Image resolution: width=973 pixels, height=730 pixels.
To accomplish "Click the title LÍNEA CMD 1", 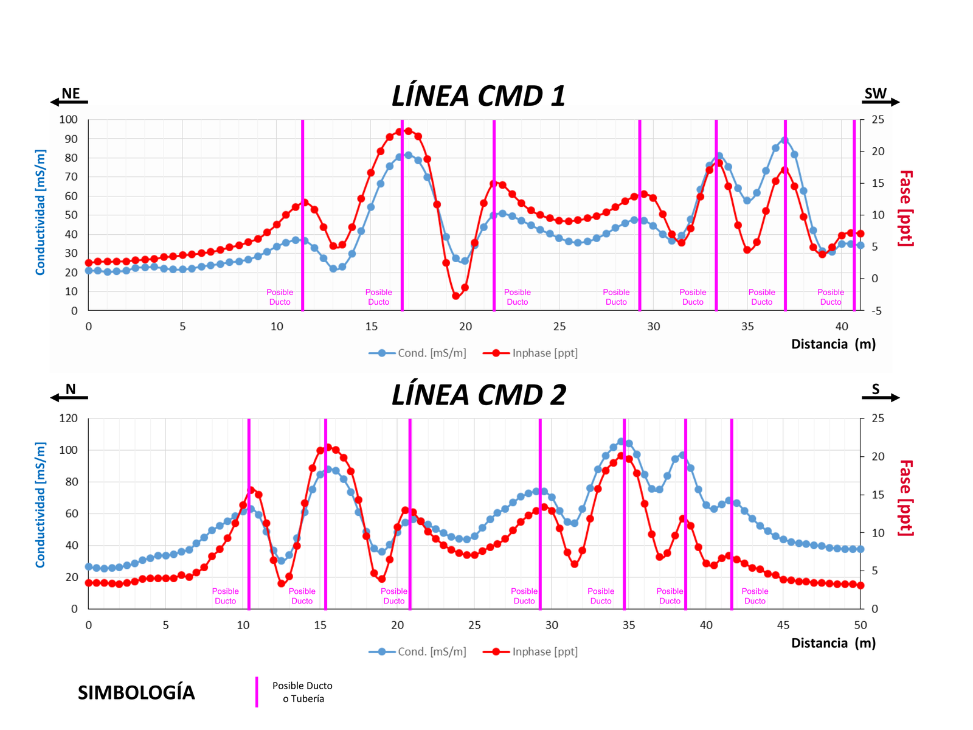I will pos(479,96).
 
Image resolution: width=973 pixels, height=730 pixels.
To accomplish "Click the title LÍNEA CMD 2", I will pos(479,395).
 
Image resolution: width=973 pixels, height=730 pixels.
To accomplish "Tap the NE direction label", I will pos(71,93).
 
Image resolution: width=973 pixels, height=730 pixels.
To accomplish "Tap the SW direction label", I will pos(875,93).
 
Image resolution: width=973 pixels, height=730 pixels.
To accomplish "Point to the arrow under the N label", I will pos(69,398).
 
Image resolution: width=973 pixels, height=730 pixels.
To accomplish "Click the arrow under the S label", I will pos(881,398).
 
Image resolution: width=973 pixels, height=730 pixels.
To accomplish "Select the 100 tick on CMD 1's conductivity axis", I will pos(68,120).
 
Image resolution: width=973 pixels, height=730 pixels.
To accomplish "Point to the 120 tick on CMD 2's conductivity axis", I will pos(68,419).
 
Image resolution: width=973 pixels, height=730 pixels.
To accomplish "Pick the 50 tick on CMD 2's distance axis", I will pos(860,625).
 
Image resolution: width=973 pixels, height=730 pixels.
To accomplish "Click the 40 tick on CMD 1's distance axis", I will pos(842,327).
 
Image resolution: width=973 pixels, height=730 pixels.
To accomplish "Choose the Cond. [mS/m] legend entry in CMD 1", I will pos(418,353).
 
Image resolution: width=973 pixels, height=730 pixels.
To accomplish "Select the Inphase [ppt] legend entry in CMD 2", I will pos(530,652).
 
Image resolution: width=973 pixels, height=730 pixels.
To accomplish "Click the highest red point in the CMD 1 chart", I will pos(408,131).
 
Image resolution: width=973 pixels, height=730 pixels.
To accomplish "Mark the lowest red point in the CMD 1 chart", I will pos(455,296).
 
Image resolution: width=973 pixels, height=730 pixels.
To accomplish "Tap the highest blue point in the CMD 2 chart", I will pos(621,442).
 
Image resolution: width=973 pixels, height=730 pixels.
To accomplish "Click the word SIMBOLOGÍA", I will pos(136,692).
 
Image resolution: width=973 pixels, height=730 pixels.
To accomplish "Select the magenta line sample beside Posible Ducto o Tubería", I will pos(257,692).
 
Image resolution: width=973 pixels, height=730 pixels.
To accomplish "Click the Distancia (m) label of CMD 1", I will pos(833,344).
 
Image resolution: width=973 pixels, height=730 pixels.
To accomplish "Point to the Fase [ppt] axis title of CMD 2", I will pos(905,498).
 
